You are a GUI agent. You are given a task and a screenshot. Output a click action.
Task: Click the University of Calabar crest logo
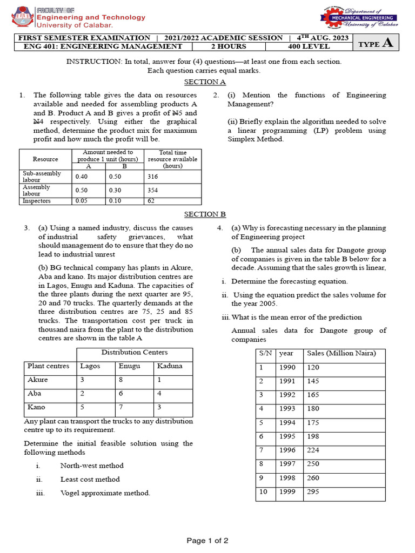click(x=22, y=18)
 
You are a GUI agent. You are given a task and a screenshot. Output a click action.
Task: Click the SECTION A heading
click(x=205, y=82)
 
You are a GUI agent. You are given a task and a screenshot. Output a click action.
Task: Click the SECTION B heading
click(x=205, y=214)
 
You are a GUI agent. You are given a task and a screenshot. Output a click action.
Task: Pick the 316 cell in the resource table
click(x=152, y=177)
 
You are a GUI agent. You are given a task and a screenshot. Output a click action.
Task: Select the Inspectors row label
click(x=37, y=201)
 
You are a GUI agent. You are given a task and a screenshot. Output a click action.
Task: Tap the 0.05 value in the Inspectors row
click(x=82, y=201)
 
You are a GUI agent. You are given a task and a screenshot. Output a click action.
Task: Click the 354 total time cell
click(x=152, y=190)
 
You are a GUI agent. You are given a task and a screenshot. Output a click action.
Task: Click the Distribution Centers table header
click(x=135, y=353)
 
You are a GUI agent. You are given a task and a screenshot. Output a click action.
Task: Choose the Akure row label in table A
click(x=37, y=380)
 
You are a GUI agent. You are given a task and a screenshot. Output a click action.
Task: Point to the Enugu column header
click(x=129, y=366)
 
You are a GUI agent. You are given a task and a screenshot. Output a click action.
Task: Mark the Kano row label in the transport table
click(x=36, y=407)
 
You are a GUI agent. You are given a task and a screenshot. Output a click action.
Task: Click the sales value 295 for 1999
click(x=313, y=492)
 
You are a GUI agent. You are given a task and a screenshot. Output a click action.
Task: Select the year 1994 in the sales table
click(x=287, y=423)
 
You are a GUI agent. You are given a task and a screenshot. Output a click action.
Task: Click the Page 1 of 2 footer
click(x=207, y=541)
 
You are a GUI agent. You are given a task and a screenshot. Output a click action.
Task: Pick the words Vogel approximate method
click(x=105, y=493)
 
